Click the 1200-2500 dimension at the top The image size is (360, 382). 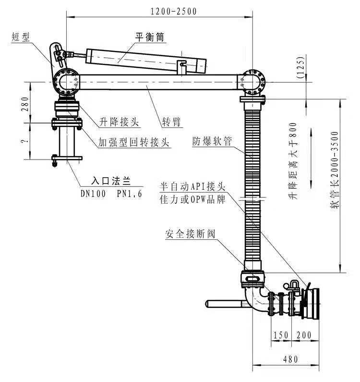click(173, 12)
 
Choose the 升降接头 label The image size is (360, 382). click(119, 122)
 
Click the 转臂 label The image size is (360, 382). click(172, 122)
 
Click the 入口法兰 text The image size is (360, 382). click(111, 182)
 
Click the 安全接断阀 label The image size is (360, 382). click(190, 234)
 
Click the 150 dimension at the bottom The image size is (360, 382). click(281, 335)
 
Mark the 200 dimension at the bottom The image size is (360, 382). click(304, 335)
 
